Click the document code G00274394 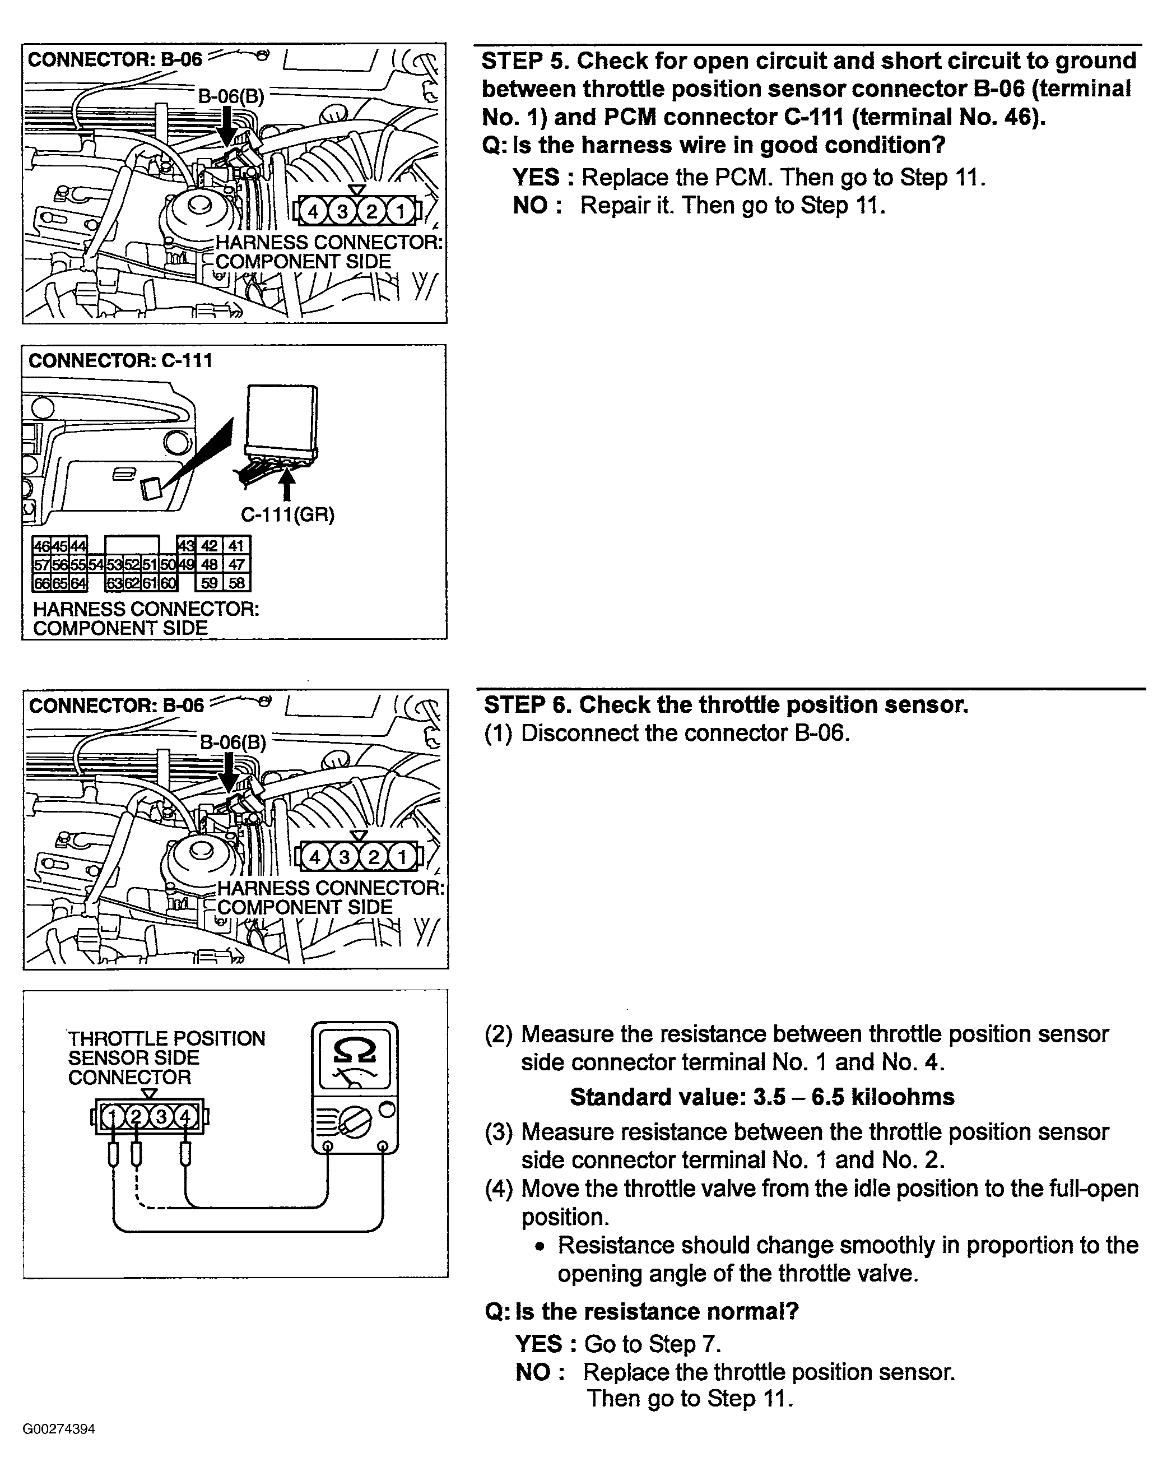click(59, 1428)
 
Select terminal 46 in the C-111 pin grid click(41, 545)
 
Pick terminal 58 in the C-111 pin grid click(236, 583)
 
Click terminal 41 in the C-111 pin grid click(236, 545)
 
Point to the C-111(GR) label click(287, 514)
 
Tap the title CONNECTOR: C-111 click(120, 360)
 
